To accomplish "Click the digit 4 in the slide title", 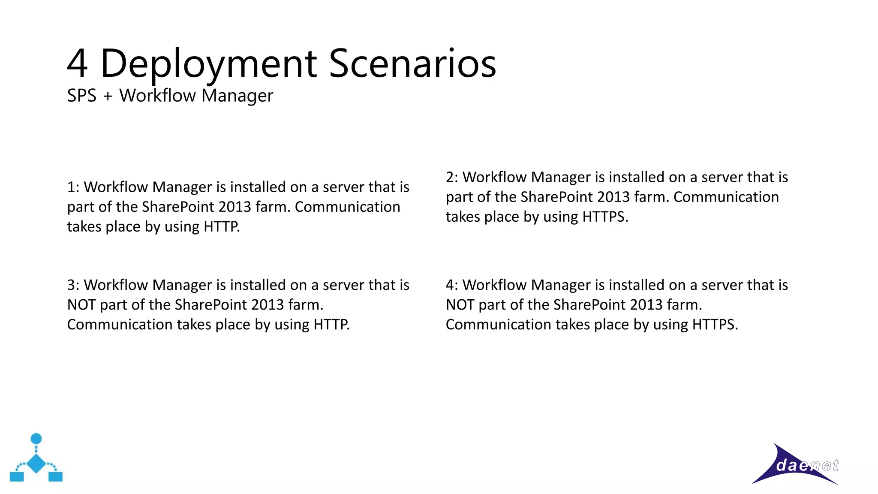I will [78, 64].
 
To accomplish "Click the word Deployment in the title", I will [209, 64].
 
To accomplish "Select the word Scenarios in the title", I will [412, 64].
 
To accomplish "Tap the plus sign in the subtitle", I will [108, 96].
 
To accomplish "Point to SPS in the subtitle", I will [81, 96].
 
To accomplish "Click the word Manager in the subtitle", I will [237, 96].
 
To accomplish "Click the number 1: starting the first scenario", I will [73, 187].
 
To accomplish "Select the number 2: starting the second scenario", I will [452, 178].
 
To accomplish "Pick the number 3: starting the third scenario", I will [73, 285].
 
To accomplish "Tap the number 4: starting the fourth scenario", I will [452, 285].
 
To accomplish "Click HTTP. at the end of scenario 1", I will [222, 226].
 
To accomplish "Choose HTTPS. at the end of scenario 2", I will [605, 217].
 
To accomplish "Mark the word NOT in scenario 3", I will [81, 305].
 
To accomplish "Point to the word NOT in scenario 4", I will [460, 305].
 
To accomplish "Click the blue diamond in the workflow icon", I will [36, 463].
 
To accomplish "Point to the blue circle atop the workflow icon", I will [36, 439].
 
